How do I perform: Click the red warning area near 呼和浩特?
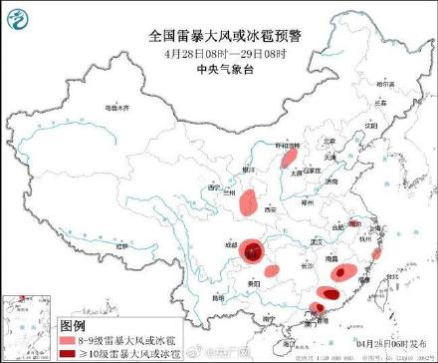(x=288, y=158)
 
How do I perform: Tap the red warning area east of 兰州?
(x=248, y=203)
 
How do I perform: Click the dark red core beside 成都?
(x=256, y=251)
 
